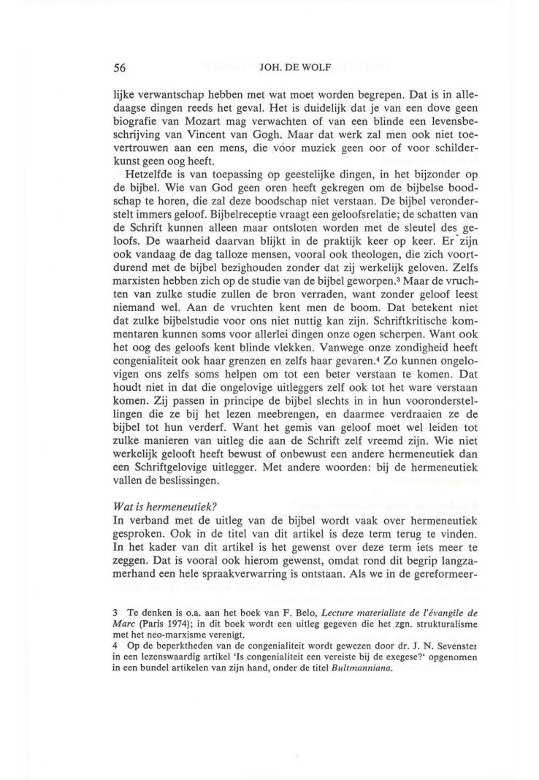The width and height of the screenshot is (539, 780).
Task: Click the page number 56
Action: coord(121,69)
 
